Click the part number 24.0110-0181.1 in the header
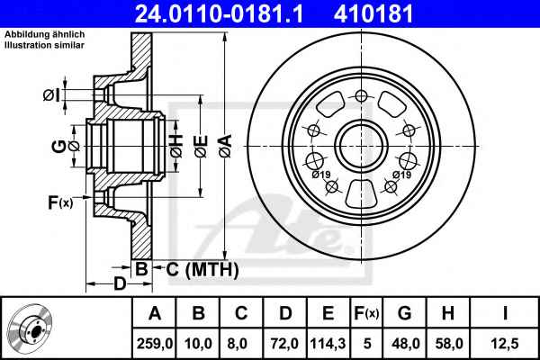point(219,13)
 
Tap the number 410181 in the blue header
point(373,13)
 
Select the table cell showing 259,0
point(154,344)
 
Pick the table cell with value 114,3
point(328,344)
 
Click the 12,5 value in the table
point(505,344)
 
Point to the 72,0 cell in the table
point(284,344)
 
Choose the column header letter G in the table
point(404,313)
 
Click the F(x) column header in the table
point(366,313)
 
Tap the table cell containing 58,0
point(449,344)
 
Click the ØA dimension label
point(226,146)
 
